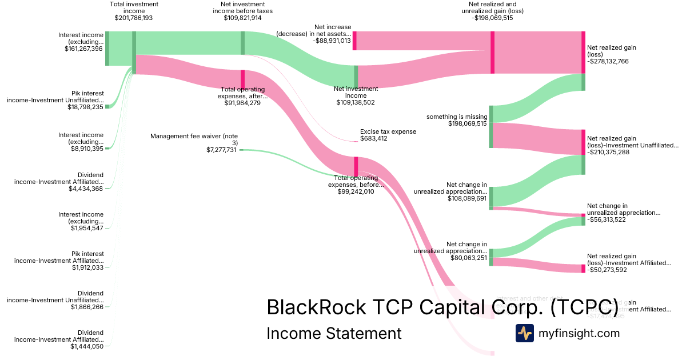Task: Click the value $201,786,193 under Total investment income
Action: coord(134,18)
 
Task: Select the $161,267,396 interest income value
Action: coord(83,49)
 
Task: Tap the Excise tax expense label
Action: coord(388,131)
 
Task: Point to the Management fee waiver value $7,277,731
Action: coord(221,150)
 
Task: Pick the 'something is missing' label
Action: coord(457,117)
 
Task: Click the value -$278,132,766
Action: coord(608,61)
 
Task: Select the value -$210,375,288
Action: coord(608,152)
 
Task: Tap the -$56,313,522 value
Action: coord(607,219)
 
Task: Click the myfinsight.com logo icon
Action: coord(524,333)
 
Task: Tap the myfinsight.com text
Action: coord(579,333)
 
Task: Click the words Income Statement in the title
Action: coord(334,333)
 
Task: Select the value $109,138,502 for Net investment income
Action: coord(356,103)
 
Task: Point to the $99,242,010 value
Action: coord(356,192)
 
